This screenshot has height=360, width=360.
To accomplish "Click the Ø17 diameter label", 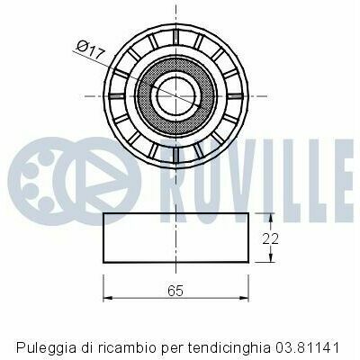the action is pos(91,49).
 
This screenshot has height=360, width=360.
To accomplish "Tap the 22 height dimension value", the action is pos(270,239).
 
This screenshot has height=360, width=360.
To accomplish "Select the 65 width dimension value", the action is pos(175,291).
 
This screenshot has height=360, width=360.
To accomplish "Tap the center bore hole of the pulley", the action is pos(175,96).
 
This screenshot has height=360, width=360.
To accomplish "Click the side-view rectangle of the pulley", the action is pos(175,238).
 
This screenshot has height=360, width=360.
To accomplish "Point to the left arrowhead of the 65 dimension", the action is pos(107,298).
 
